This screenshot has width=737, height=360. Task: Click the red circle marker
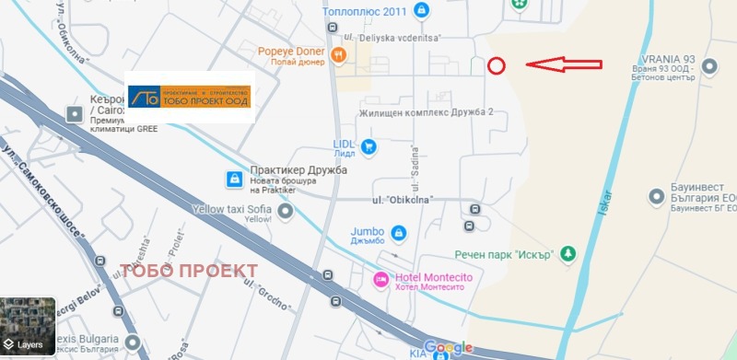pos(496,65)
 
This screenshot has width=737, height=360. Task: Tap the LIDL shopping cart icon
pos(368,146)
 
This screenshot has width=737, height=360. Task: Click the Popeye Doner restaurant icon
pos(340,55)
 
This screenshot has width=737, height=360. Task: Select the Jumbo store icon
pos(397,233)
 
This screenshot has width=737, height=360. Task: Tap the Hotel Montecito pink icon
pos(379,279)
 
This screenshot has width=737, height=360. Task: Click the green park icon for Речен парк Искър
pos(568,252)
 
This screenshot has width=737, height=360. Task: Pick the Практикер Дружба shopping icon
pos(234,177)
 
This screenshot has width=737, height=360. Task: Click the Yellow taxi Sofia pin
pos(286,214)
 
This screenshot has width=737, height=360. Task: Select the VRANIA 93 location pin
pos(709,66)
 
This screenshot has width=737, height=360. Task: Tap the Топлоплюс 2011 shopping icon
pos(421,11)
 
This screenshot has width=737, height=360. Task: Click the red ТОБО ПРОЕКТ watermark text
pos(190,270)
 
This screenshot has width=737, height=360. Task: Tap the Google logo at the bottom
pos(448,347)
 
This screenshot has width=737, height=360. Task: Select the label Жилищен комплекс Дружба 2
pos(427,112)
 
